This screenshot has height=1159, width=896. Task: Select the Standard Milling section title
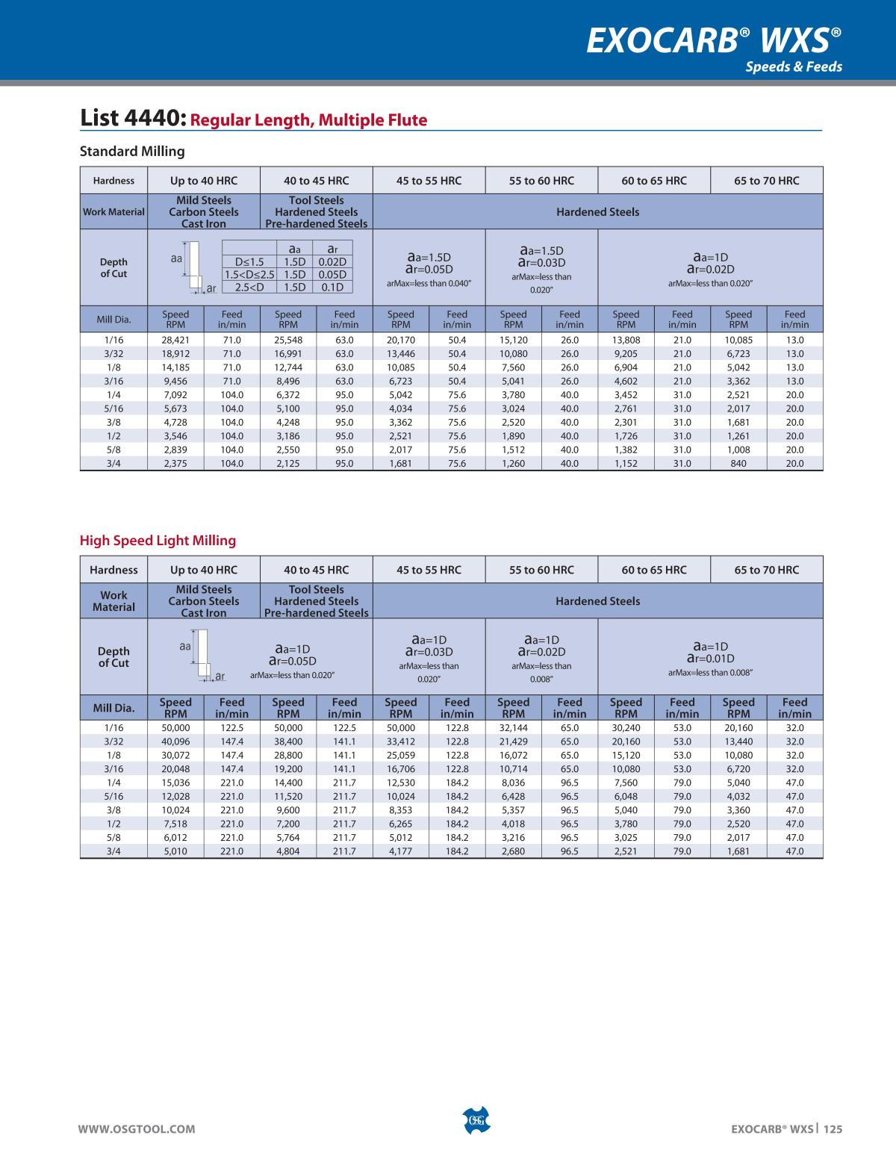(x=132, y=152)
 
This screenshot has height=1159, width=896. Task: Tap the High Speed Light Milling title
(x=158, y=541)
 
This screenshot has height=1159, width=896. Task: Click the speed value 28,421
(x=175, y=340)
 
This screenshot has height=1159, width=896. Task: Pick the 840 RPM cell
(x=738, y=463)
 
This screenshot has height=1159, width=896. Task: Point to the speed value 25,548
(x=288, y=340)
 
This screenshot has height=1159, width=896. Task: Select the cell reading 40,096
(x=175, y=742)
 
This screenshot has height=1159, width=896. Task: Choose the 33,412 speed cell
(x=401, y=742)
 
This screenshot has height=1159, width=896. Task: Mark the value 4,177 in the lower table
(x=401, y=851)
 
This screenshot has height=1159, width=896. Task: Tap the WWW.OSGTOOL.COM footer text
(x=137, y=1129)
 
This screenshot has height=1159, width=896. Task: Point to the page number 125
(x=833, y=1129)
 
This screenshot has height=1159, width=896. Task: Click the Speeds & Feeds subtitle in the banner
(x=794, y=66)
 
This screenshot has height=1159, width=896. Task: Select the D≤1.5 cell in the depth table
(x=249, y=261)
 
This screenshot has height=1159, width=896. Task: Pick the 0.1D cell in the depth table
(x=332, y=288)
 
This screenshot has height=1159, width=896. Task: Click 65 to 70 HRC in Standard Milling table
(x=767, y=181)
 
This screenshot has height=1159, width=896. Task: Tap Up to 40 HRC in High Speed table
(x=204, y=570)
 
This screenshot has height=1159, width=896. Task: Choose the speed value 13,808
(x=626, y=340)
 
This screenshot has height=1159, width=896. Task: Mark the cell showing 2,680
(x=513, y=851)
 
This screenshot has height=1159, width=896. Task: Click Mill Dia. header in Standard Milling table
(x=113, y=320)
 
